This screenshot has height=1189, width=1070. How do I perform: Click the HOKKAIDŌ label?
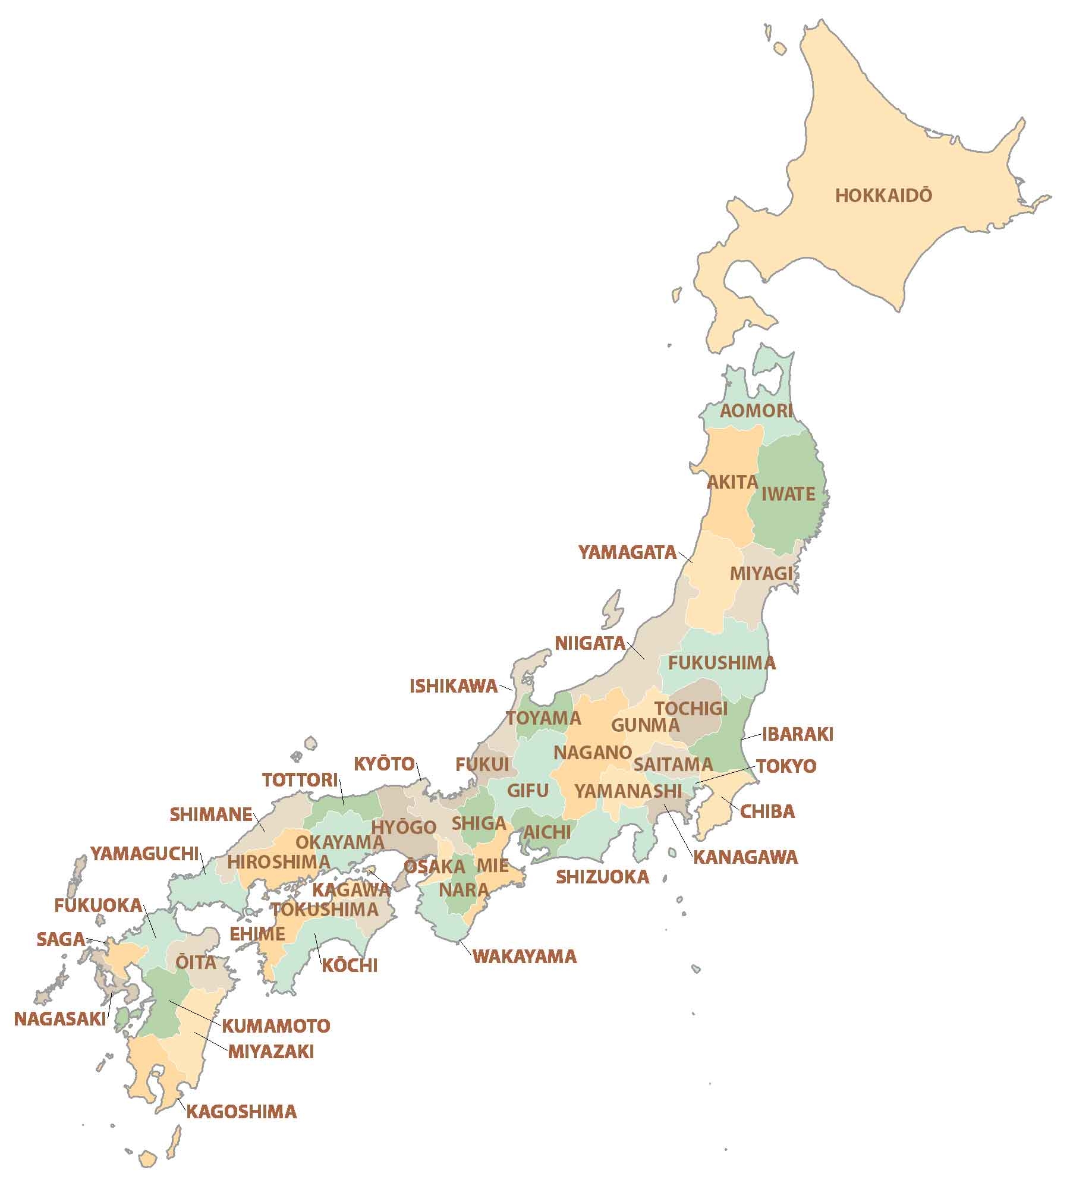883,196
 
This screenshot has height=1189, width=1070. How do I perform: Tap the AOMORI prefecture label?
756,411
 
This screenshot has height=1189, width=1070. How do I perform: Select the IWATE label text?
788,494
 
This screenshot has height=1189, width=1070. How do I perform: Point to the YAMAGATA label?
628,553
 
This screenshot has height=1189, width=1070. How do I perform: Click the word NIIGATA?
590,643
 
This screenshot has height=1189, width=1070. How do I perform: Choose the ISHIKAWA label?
453,687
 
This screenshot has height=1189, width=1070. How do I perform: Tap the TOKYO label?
786,766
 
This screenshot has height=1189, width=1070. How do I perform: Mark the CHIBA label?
767,811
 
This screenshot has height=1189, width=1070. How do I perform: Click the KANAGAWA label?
745,857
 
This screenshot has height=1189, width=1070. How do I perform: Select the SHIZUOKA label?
602,877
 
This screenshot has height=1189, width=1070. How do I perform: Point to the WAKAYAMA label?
524,957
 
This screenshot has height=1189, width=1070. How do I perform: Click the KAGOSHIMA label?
241,1112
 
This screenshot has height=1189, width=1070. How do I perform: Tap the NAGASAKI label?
59,1019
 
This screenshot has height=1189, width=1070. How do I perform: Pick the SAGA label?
61,939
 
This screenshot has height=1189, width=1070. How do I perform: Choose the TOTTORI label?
300,780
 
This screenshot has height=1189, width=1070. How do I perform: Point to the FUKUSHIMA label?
722,663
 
